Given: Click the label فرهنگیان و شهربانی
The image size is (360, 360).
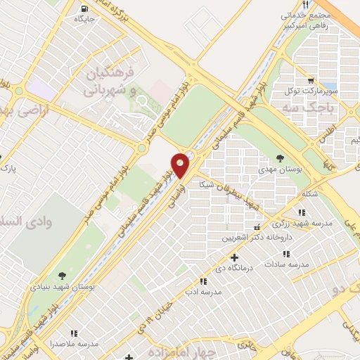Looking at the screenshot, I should (x=108, y=80).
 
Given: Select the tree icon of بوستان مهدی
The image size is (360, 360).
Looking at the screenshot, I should (x=281, y=159).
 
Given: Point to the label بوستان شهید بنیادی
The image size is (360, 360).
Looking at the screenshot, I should (x=60, y=287).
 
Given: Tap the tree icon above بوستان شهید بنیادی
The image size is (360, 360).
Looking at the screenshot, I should (x=61, y=275).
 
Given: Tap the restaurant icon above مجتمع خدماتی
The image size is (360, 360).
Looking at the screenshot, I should (x=303, y=5).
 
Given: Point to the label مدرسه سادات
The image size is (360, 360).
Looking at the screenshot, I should (x=287, y=264).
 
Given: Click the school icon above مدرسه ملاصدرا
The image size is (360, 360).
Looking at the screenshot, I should (x=73, y=333).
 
